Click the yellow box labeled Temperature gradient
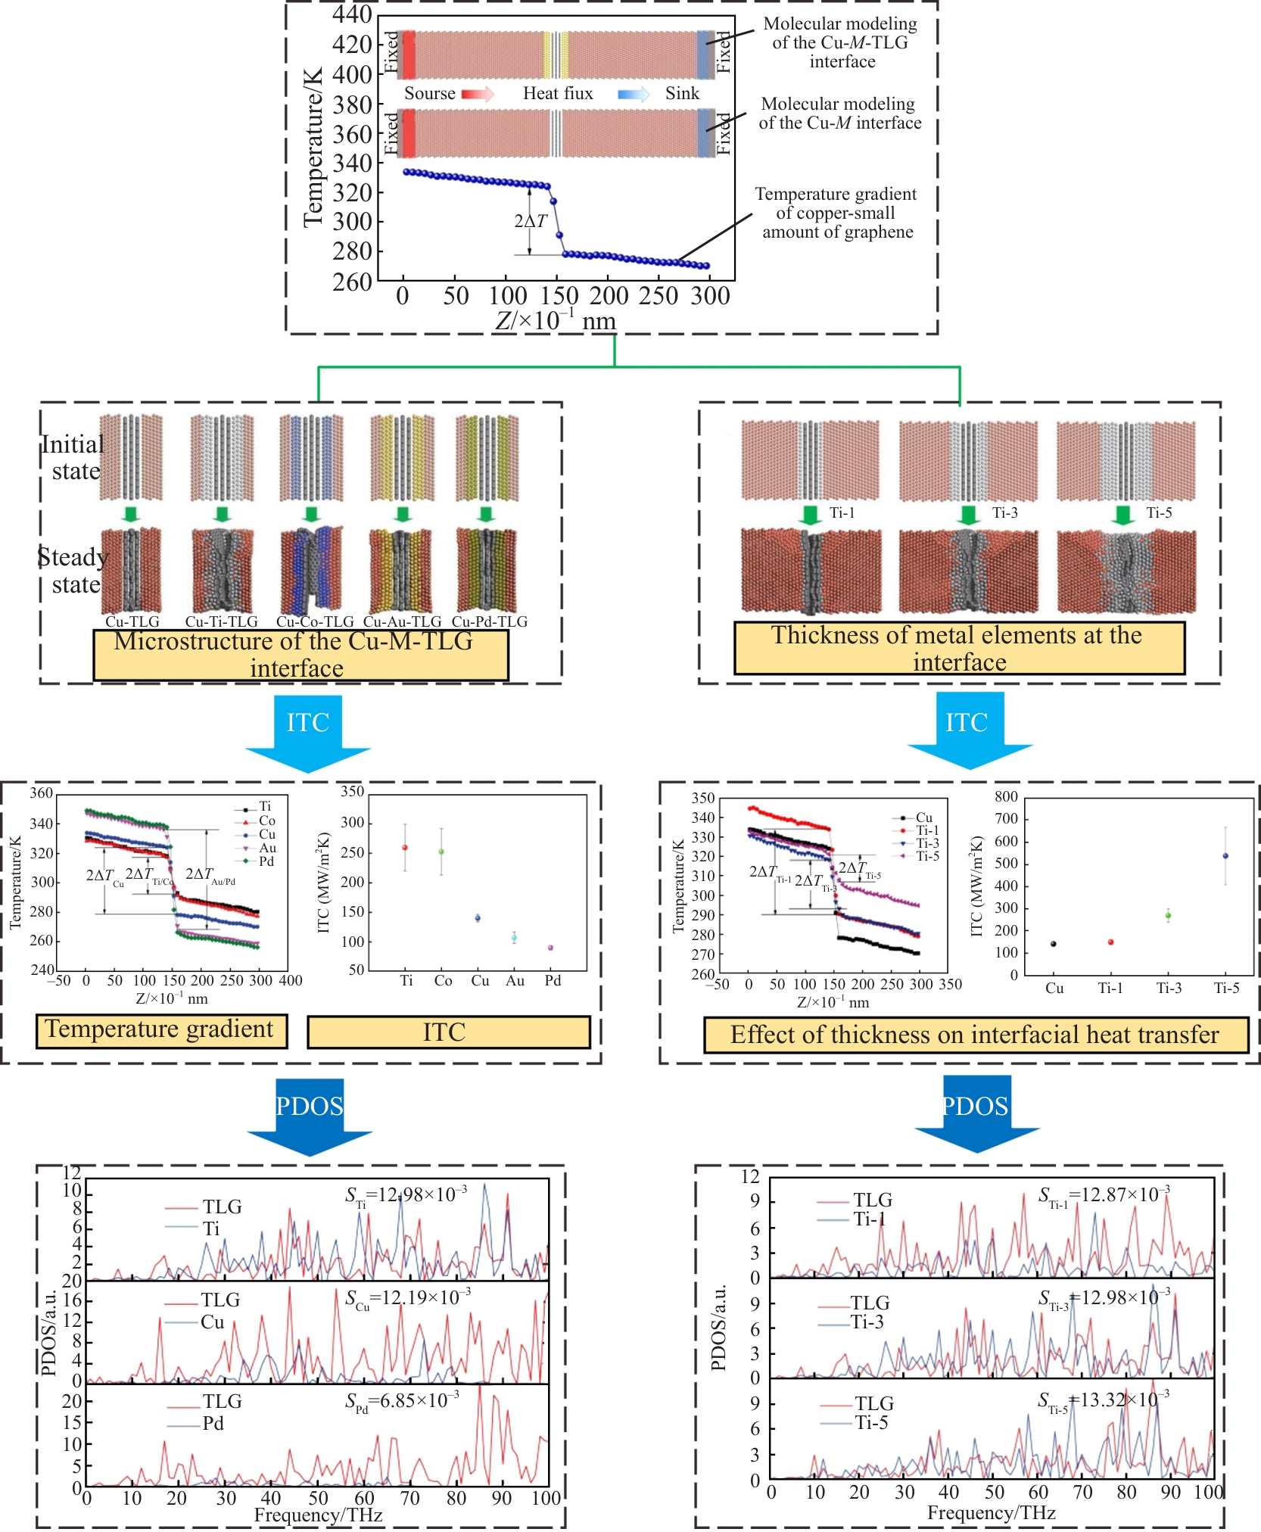click(x=161, y=1031)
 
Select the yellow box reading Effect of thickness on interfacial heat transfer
click(x=975, y=1035)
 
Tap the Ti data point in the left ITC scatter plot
click(x=405, y=848)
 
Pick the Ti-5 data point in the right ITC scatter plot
click(x=1225, y=856)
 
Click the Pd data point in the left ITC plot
click(x=550, y=948)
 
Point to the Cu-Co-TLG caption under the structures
click(x=315, y=621)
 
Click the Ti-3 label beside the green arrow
click(x=1005, y=513)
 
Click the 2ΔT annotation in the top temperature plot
click(x=530, y=221)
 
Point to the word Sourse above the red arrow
click(x=429, y=93)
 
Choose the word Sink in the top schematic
click(x=682, y=93)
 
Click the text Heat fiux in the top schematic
click(x=558, y=93)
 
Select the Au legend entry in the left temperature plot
click(x=267, y=848)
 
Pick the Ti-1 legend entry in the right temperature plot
click(x=927, y=830)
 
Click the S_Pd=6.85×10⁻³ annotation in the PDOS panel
click(x=402, y=1401)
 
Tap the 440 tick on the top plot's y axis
click(x=352, y=14)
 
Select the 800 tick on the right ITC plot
click(x=1006, y=796)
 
